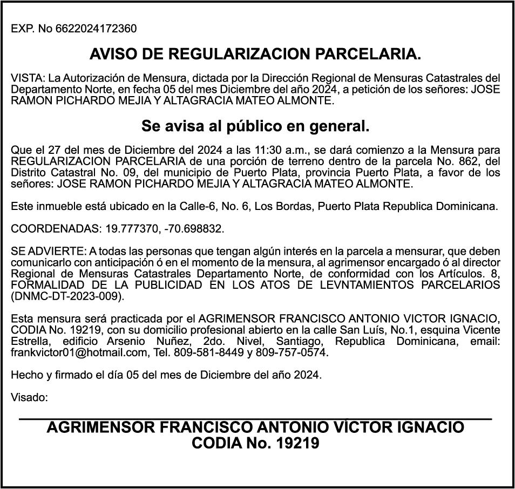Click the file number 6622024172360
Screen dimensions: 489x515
96,29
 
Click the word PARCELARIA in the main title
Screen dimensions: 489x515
367,54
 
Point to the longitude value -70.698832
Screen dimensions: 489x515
191,229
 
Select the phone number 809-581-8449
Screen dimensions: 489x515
206,352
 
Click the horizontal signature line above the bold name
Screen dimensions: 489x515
255,418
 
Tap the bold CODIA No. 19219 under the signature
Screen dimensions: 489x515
255,444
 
